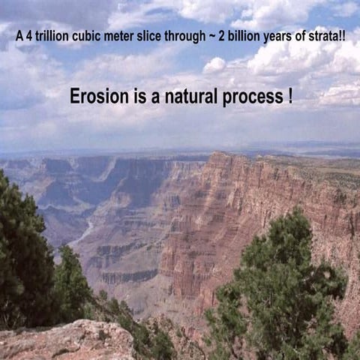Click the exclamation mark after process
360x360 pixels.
coord(289,97)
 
